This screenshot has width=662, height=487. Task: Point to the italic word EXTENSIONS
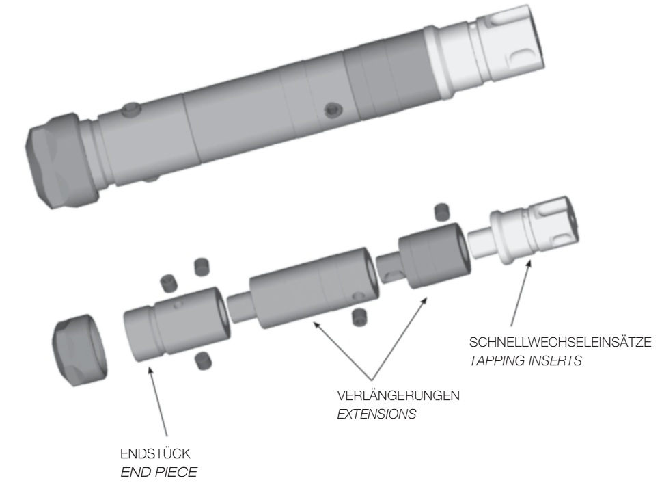pos(369,414)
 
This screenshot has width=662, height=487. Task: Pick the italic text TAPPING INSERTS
pos(525,361)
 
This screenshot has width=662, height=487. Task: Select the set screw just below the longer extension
pos(356,315)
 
